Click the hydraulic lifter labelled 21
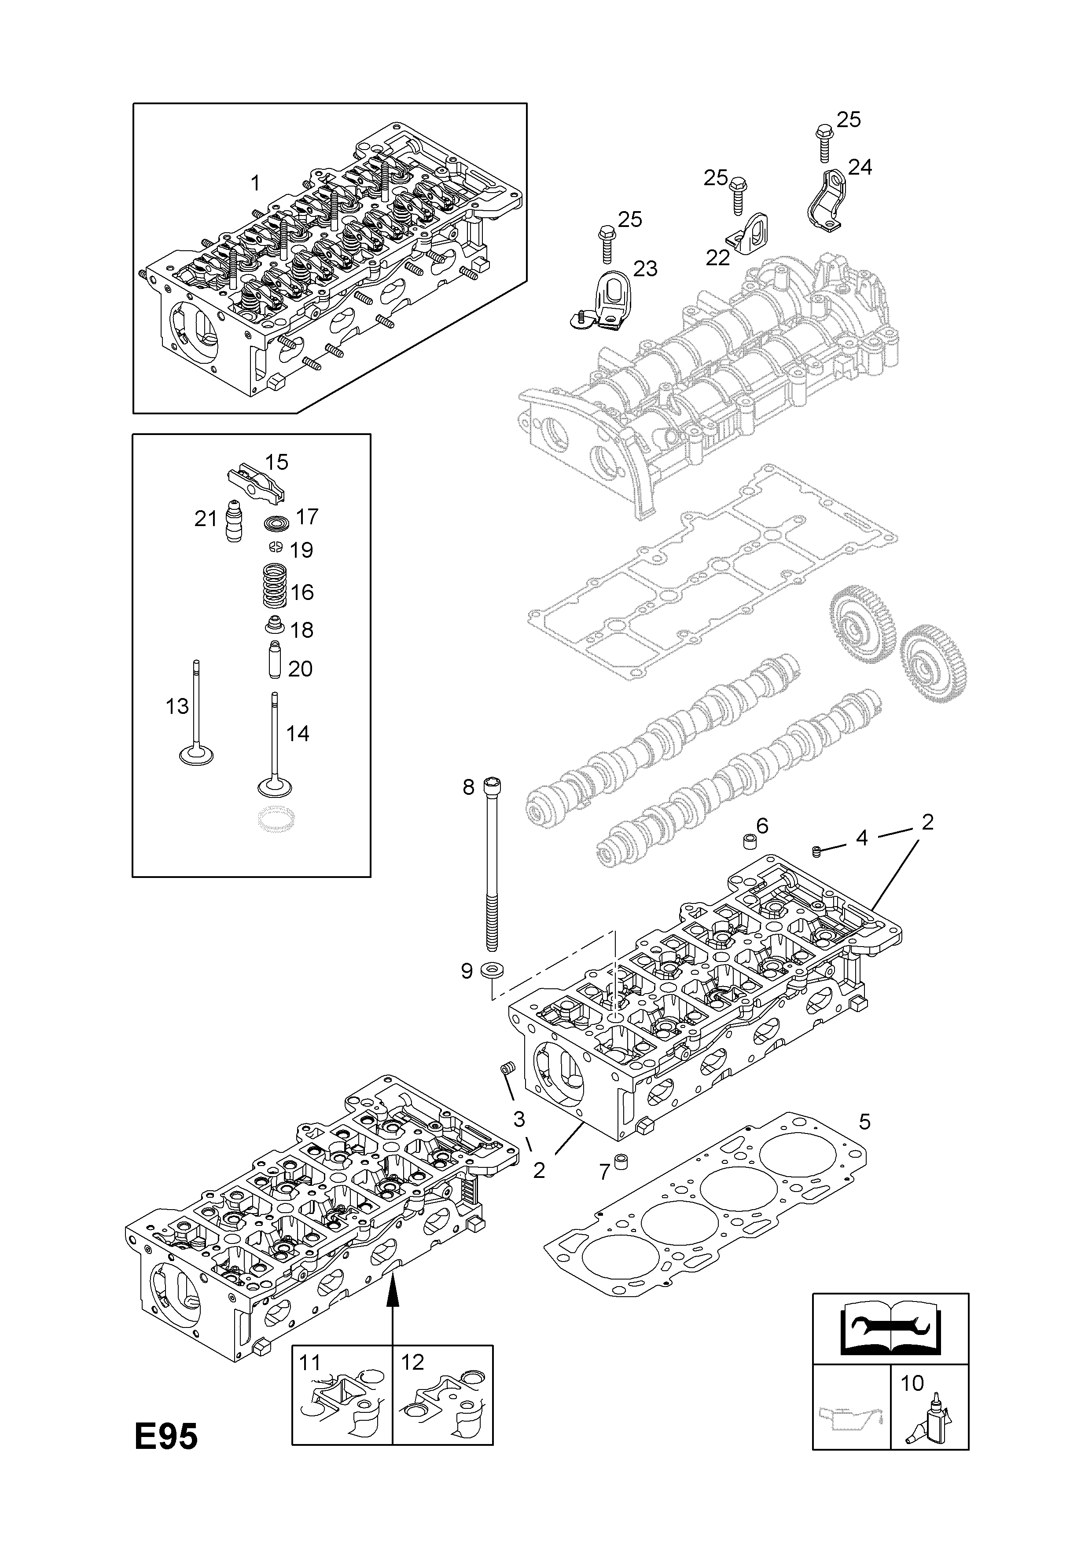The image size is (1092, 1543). (x=233, y=521)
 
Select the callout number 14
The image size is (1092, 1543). (x=297, y=733)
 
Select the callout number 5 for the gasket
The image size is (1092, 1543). (x=865, y=1122)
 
